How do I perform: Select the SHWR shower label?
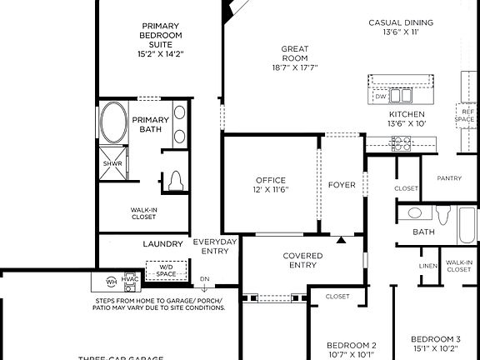[x=112, y=163]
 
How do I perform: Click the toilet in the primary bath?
[x=175, y=181]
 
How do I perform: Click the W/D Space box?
[x=167, y=271]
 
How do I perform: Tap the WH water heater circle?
[x=111, y=282]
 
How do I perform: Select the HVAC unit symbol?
[x=131, y=282]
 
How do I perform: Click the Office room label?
[x=270, y=184]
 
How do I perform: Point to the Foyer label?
[x=342, y=184]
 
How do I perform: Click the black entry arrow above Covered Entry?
[x=341, y=241]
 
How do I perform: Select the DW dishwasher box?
[x=381, y=97]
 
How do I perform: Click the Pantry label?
[x=449, y=177]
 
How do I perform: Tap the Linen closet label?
[x=428, y=266]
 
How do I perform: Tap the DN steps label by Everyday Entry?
[x=203, y=280]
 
